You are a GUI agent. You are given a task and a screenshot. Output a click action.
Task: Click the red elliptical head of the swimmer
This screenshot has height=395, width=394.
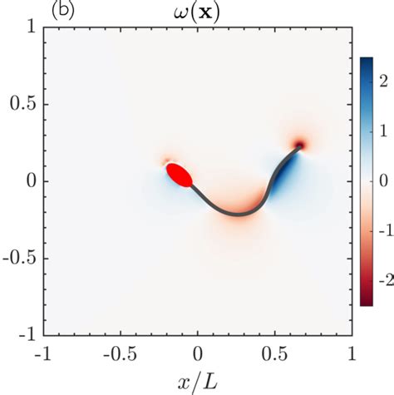coord(180,175)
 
